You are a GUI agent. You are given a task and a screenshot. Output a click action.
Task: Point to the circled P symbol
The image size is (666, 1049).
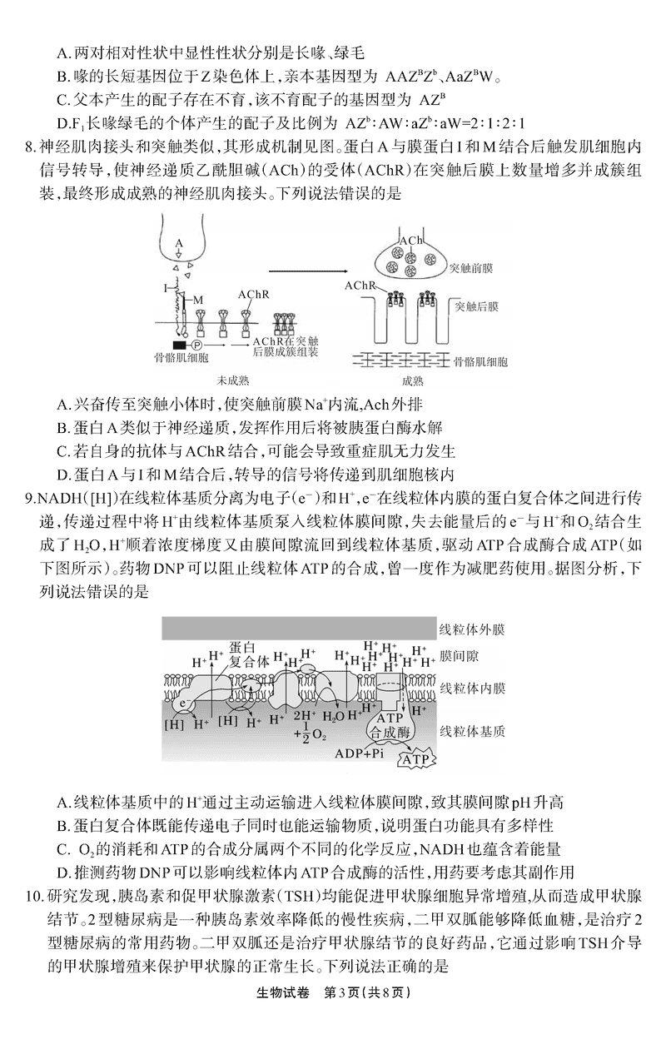(x=197, y=343)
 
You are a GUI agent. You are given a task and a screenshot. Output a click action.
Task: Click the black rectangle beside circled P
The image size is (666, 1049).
(x=178, y=343)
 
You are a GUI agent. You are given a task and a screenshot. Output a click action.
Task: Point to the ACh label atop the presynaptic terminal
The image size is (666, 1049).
(x=410, y=241)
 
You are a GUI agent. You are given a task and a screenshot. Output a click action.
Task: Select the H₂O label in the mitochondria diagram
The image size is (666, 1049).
(x=333, y=716)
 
